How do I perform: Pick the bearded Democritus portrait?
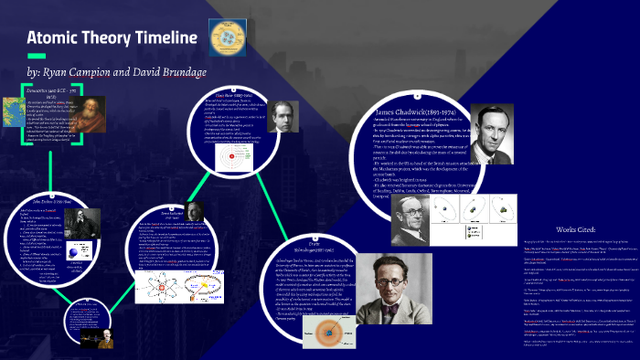(82, 118)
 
